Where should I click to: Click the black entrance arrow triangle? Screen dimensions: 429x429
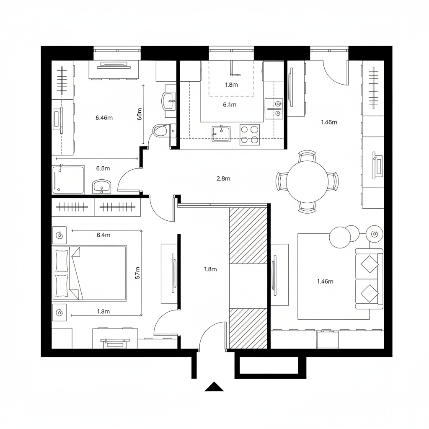click(x=214, y=387)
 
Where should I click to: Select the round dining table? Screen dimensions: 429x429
click(x=307, y=181)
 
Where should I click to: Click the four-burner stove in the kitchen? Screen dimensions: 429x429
click(x=249, y=134)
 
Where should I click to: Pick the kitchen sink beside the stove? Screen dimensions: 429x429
click(x=221, y=133)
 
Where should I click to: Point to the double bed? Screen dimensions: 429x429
click(x=89, y=273)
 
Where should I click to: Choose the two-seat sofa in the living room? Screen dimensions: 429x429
click(x=369, y=279)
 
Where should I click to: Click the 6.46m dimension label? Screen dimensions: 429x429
click(x=104, y=118)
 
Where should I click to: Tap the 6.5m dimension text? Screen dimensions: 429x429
click(x=103, y=168)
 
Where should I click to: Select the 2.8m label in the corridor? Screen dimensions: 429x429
click(x=223, y=178)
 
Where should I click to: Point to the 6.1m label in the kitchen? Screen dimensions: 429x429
click(x=230, y=105)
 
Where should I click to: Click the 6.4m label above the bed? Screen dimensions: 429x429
click(x=103, y=235)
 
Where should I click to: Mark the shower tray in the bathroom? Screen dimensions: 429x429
click(x=68, y=179)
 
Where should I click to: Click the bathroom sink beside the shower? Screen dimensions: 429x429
click(x=102, y=186)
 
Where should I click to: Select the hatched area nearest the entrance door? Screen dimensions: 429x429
click(x=248, y=328)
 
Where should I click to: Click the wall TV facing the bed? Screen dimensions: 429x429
click(x=173, y=273)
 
